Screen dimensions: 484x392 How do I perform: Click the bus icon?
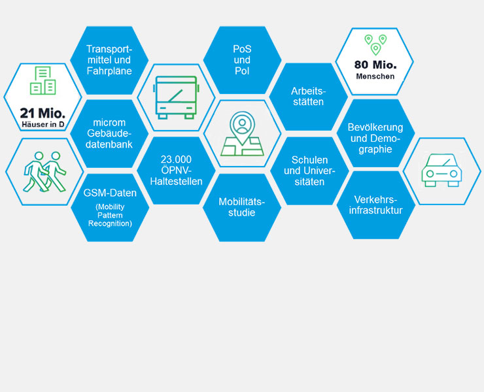tap(176, 97)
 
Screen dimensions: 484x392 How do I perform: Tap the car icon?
tap(441, 171)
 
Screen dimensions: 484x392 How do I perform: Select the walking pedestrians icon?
tap(44, 172)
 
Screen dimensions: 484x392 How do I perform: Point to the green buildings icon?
tap(43, 80)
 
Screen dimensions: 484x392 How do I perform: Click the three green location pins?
tap(375, 44)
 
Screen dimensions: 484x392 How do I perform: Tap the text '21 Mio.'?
tap(43, 113)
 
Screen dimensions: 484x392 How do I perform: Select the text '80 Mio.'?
tap(375, 65)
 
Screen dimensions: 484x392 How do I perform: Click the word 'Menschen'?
tap(375, 76)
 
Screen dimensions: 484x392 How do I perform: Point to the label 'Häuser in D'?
tap(43, 125)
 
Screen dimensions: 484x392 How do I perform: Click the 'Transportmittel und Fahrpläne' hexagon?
tap(109, 60)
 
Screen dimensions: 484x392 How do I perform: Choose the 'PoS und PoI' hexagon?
tap(242, 60)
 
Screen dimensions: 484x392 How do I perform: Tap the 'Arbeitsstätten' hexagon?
tap(308, 97)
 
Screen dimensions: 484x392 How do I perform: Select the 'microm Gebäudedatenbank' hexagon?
tap(109, 133)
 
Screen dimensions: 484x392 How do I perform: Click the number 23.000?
tap(176, 159)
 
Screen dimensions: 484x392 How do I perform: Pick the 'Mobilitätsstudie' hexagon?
tap(242, 208)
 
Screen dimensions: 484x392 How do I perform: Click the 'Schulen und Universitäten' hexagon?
tap(309, 171)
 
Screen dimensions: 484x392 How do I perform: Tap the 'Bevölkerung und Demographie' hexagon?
tap(375, 133)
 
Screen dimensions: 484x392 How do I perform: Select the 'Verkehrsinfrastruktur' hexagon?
tap(376, 205)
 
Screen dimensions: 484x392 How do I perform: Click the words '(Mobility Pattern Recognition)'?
tap(110, 215)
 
